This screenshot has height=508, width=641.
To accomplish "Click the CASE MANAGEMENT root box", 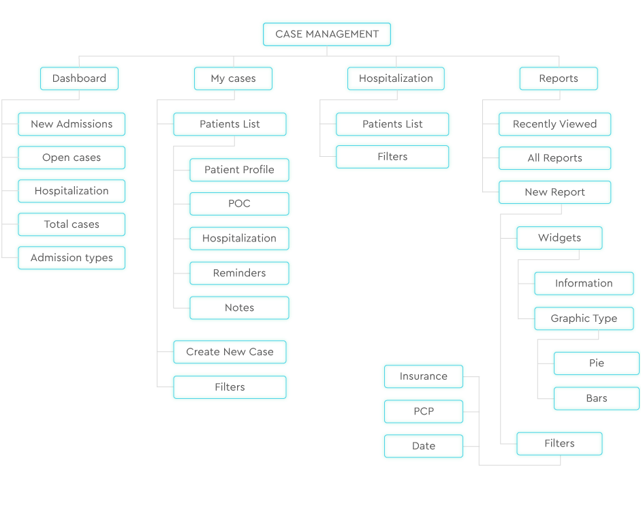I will click(327, 34).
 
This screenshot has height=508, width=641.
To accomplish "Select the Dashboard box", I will click(79, 78).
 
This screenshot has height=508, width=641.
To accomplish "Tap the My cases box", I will click(233, 78).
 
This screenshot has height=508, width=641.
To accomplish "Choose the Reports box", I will click(558, 78).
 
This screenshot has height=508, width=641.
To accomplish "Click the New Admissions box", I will click(72, 124).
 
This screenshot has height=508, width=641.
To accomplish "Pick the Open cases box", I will click(72, 158).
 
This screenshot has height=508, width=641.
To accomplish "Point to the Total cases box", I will click(72, 224).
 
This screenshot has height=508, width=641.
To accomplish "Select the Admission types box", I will click(72, 258).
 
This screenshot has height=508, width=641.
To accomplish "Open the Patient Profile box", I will click(239, 170).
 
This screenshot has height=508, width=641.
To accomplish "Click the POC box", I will click(239, 204).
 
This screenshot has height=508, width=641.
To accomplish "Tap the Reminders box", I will click(239, 273).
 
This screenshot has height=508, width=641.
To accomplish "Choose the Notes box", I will click(239, 308).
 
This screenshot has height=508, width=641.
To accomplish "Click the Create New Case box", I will click(230, 352).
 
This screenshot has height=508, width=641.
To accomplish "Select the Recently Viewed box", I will click(554, 124).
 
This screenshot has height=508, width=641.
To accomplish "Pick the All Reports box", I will click(554, 158).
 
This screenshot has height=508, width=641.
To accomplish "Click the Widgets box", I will click(559, 238).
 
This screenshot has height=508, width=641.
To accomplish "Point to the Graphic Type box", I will click(584, 318).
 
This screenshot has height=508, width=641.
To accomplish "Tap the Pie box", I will click(596, 363).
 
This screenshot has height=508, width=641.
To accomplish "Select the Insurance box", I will click(423, 376).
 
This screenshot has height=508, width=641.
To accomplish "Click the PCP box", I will click(423, 411).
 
